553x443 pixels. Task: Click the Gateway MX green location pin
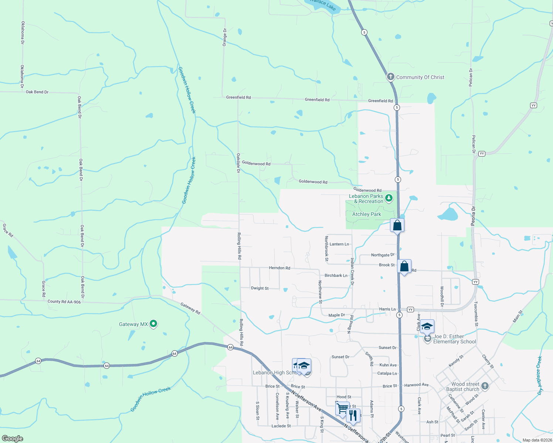pos(153,324)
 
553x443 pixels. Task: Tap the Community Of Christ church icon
pos(390,77)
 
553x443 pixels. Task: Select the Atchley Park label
pos(366,214)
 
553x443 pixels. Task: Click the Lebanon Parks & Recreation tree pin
pos(389,198)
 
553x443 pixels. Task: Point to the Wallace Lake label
pos(323,4)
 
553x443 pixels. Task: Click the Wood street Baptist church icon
pos(485,386)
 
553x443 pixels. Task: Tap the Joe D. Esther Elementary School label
pos(454,339)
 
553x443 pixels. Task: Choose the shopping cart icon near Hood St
pos(342,408)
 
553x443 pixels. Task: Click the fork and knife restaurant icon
pos(353,415)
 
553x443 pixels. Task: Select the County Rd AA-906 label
pos(64,302)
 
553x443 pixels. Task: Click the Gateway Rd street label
pos(190,308)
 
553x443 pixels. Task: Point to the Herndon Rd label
pos(279,268)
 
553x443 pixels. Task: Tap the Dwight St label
pos(260,288)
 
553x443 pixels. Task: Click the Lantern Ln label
pos(339,244)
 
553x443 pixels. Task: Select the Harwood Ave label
pos(416,385)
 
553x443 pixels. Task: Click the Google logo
pos(13,439)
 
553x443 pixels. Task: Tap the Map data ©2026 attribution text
pos(537,440)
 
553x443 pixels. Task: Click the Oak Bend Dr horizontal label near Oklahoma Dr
pos(37,92)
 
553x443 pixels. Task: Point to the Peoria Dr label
pos(473,216)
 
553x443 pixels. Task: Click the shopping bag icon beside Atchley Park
pos(397,225)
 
